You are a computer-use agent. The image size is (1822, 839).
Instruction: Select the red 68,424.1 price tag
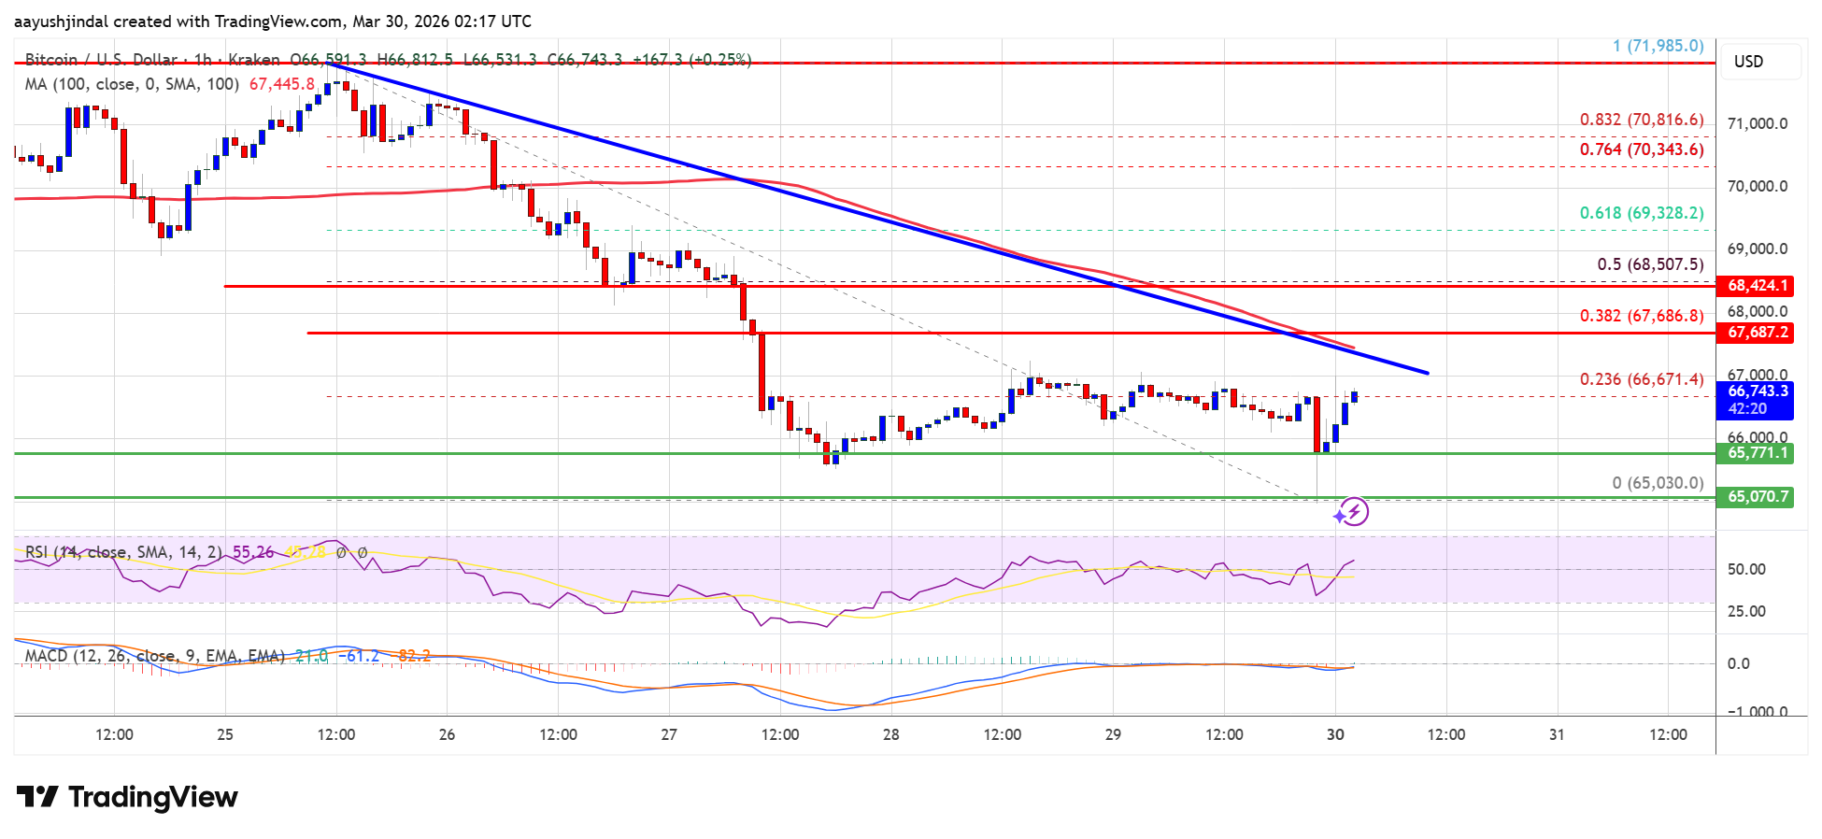pyautogui.click(x=1758, y=286)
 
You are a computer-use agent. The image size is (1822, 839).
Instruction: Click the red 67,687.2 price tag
pyautogui.click(x=1758, y=333)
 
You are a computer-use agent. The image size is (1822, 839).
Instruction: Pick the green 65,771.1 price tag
pyautogui.click(x=1758, y=453)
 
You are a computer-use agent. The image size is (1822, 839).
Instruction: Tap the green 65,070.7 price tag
pyautogui.click(x=1758, y=497)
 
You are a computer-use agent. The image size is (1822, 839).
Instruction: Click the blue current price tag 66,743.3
pyautogui.click(x=1758, y=391)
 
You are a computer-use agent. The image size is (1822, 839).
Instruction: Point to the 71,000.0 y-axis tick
pyautogui.click(x=1757, y=124)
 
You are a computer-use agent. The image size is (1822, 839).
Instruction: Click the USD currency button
pyautogui.click(x=1748, y=62)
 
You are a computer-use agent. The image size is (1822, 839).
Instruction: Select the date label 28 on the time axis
pyautogui.click(x=890, y=734)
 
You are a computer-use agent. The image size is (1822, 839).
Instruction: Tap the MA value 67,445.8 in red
pyautogui.click(x=282, y=84)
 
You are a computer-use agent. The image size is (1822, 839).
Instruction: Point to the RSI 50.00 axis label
pyautogui.click(x=1746, y=569)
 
